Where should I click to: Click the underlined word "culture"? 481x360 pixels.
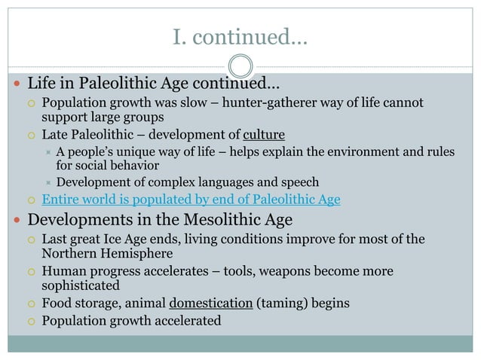pos(264,135)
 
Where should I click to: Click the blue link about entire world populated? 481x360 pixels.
pos(191,200)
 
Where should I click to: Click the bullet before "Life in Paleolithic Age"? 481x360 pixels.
pos(16,81)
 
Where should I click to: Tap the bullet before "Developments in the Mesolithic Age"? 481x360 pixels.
pos(16,221)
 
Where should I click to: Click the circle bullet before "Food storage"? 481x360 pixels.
pos(32,304)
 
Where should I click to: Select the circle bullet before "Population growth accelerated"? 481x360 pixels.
pos(32,322)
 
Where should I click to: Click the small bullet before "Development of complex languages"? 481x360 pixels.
pos(47,182)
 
